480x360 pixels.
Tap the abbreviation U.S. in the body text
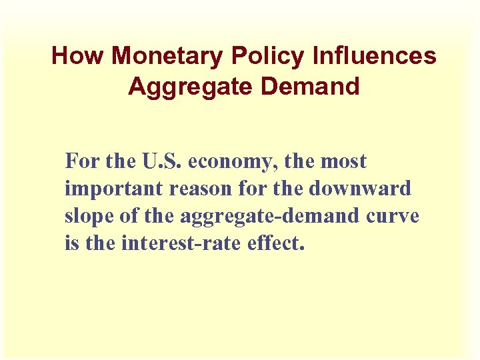pos(163,161)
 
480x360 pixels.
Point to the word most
pos(344,161)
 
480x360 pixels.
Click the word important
pos(114,189)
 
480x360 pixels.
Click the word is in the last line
pos(71,244)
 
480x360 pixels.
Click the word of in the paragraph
pos(125,217)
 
